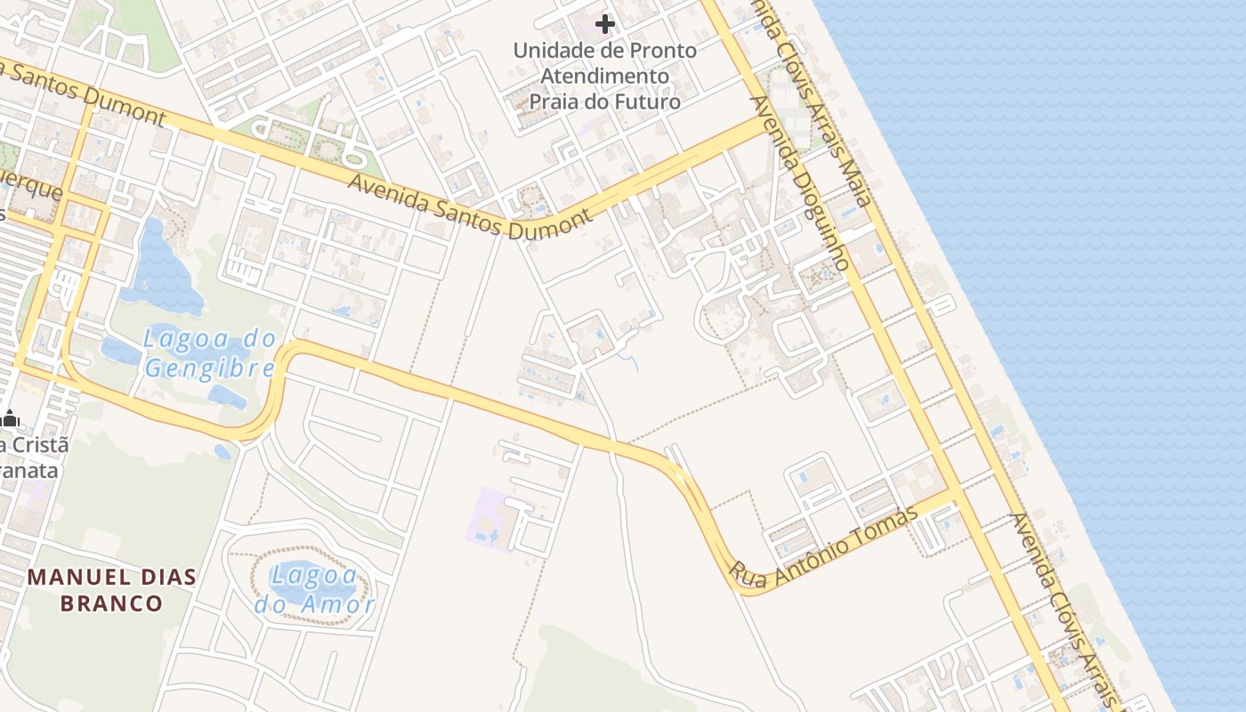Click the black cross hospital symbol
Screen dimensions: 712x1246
click(x=605, y=24)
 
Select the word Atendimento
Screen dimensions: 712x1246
click(x=604, y=76)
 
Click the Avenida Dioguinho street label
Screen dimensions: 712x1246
click(x=801, y=182)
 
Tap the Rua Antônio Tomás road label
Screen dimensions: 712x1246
click(x=823, y=548)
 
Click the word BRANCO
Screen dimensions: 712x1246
click(x=111, y=603)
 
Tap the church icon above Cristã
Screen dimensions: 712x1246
click(x=10, y=418)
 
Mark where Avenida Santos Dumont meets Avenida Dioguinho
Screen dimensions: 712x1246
click(x=764, y=127)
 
